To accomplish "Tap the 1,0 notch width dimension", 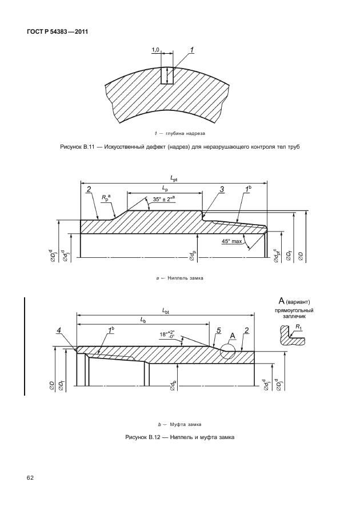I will tap(155, 50).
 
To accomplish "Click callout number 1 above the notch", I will tap(191, 50).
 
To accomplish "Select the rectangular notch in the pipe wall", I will tap(167, 75).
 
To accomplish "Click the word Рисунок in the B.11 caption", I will tap(72, 148).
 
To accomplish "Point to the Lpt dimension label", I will tap(173, 179).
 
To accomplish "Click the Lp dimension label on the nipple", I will tap(165, 188).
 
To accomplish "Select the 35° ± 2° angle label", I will tap(169, 201).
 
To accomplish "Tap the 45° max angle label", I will tap(233, 242).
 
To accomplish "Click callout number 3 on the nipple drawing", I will tap(221, 189).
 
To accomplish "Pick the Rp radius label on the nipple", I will tap(106, 197).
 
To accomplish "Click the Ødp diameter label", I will tap(194, 255).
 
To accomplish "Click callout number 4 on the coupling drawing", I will tap(59, 330).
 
